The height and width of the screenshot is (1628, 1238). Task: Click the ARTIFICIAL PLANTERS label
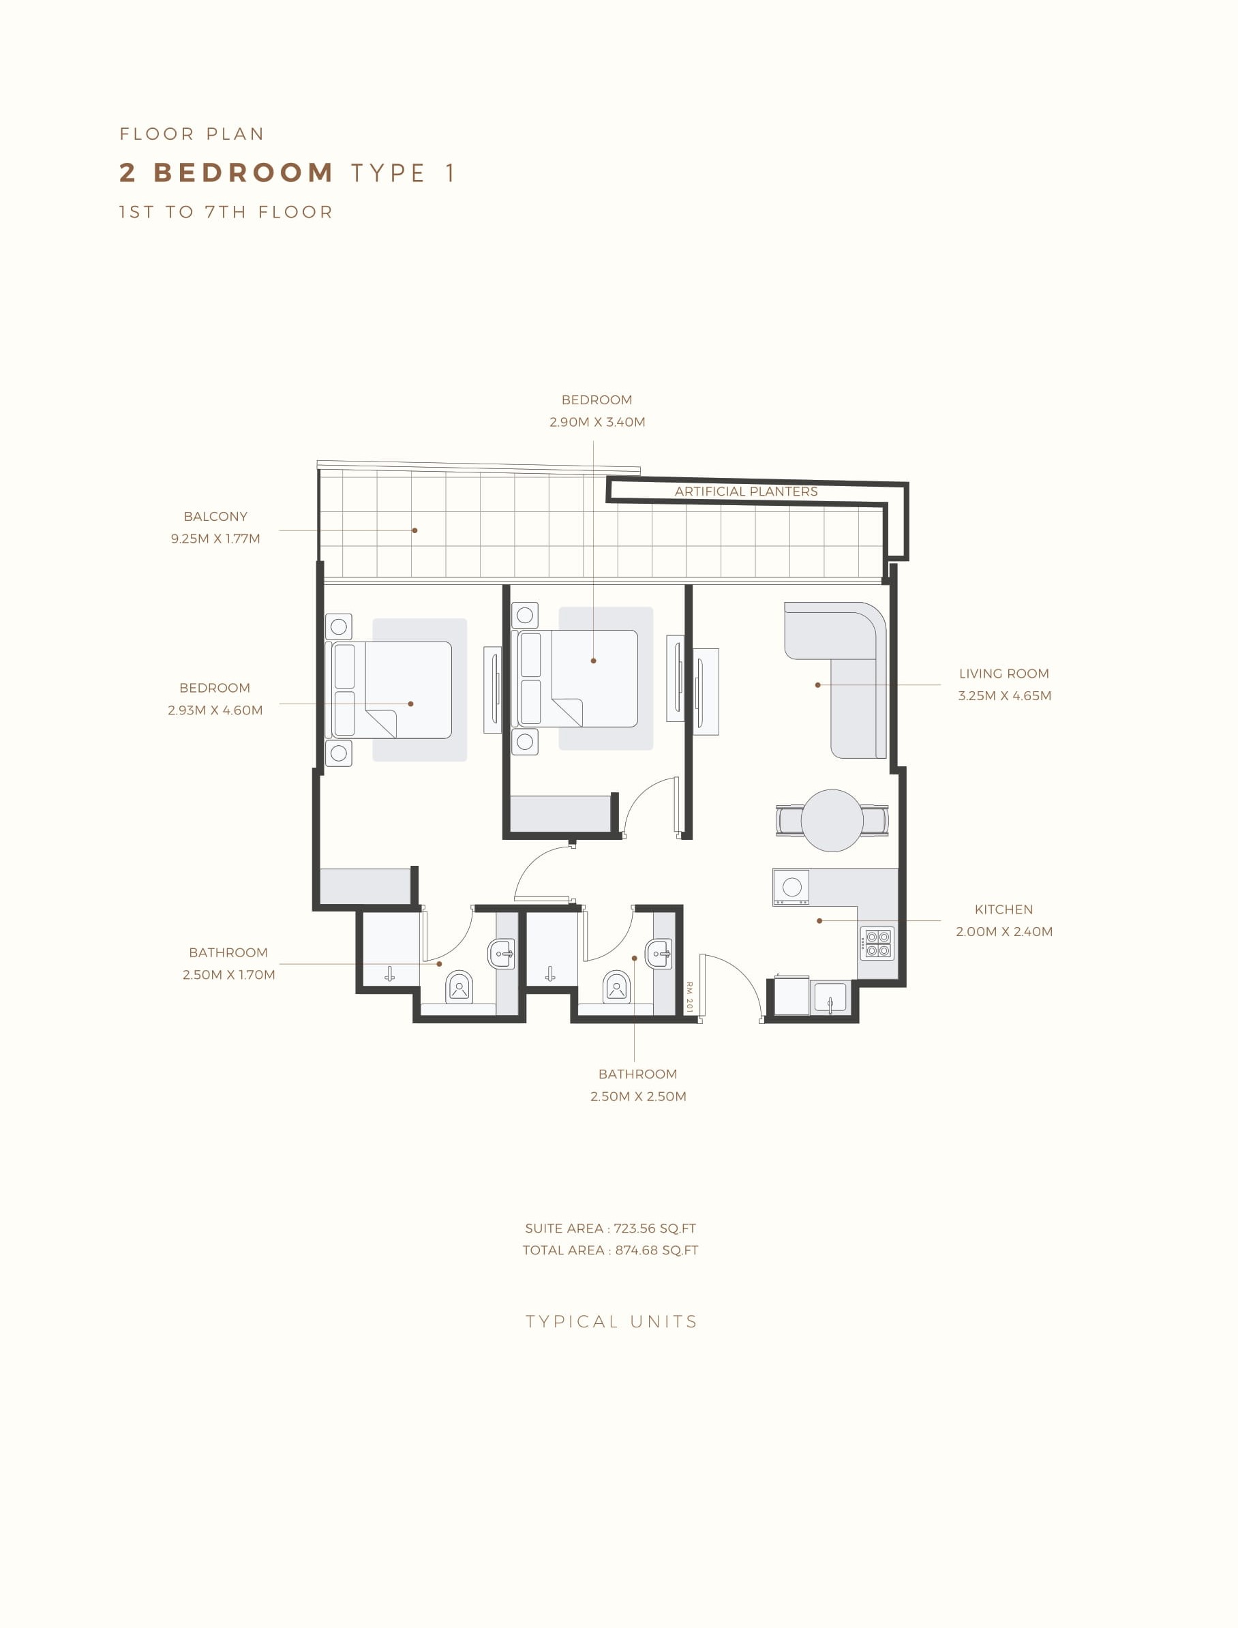(746, 492)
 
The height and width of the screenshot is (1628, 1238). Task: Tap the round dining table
(832, 820)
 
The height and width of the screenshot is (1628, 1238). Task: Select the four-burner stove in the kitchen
(877, 944)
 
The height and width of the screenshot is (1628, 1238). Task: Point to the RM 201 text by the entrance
(690, 997)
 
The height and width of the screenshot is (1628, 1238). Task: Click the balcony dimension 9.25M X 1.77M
(215, 539)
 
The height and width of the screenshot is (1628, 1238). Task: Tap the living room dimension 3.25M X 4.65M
(1004, 695)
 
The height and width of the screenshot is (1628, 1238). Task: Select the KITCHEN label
(1003, 909)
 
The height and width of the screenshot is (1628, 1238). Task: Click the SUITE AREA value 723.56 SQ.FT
(655, 1228)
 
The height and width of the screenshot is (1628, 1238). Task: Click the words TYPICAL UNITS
(612, 1321)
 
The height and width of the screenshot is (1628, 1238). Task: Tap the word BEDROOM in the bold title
(244, 172)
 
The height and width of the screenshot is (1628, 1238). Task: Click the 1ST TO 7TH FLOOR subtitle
(226, 212)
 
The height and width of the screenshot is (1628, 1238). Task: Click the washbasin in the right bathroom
(659, 954)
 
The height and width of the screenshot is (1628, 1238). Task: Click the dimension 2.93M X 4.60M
(215, 710)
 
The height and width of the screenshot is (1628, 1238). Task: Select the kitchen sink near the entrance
(830, 997)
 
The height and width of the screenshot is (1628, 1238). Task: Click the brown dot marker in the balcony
(415, 530)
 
